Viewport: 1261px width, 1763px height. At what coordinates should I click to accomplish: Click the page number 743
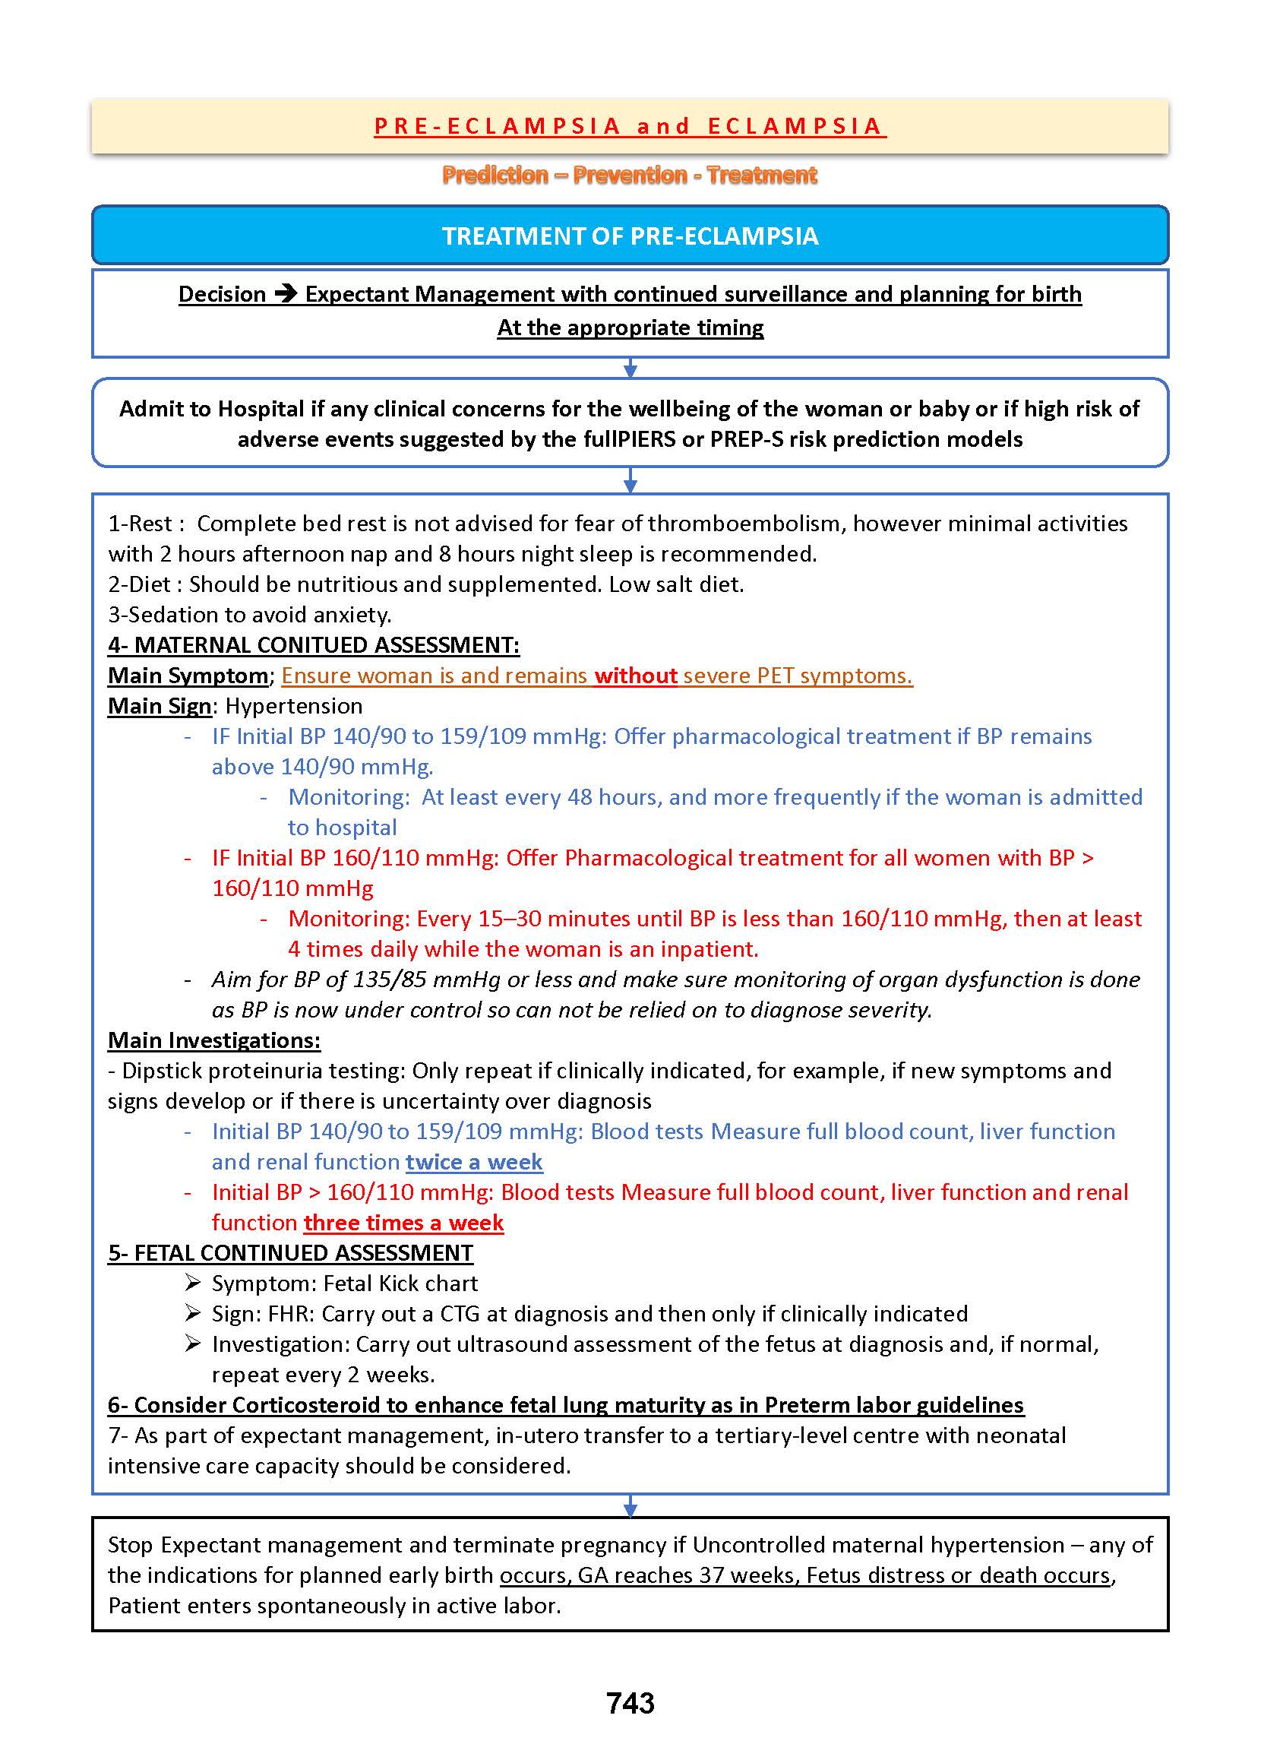pyautogui.click(x=630, y=1703)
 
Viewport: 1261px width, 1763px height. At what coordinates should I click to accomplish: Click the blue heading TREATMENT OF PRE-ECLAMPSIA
pyautogui.click(x=630, y=236)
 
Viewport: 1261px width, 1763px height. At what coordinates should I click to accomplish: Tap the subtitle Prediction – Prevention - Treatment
pyautogui.click(x=630, y=176)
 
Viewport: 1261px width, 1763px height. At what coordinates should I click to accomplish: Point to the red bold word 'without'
pyautogui.click(x=636, y=676)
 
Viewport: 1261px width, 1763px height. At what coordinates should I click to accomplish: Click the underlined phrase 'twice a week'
pyautogui.click(x=474, y=1162)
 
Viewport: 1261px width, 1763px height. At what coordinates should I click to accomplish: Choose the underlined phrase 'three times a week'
pyautogui.click(x=403, y=1223)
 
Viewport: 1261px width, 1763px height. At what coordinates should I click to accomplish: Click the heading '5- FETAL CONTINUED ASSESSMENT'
pyautogui.click(x=289, y=1253)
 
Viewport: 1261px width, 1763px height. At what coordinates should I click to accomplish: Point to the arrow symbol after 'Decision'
pyautogui.click(x=286, y=294)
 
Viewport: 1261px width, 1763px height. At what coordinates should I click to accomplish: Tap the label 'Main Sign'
pyautogui.click(x=160, y=706)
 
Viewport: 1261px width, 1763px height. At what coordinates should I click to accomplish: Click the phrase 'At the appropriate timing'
pyautogui.click(x=630, y=328)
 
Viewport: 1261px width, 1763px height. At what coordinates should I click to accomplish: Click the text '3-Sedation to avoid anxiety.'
pyautogui.click(x=249, y=615)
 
